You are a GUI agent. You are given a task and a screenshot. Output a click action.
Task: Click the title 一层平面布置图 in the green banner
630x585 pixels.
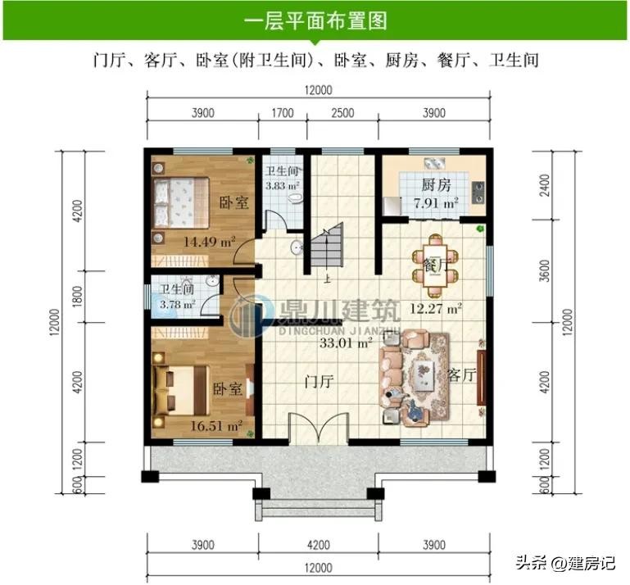(315, 20)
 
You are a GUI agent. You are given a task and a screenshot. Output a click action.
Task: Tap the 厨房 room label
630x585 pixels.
(436, 185)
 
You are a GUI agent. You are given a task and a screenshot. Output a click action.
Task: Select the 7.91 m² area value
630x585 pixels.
(436, 203)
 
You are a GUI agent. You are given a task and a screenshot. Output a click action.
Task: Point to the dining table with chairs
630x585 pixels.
(435, 266)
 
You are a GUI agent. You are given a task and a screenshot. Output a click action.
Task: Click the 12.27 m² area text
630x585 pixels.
(436, 309)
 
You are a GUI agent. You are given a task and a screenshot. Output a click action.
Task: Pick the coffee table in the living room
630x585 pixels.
(424, 375)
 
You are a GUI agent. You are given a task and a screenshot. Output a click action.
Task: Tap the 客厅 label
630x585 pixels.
(462, 375)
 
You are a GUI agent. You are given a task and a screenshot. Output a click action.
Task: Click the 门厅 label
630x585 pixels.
(319, 381)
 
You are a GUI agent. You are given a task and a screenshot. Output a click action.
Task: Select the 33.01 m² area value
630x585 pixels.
(346, 343)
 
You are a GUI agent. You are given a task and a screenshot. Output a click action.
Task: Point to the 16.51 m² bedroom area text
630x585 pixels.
(216, 426)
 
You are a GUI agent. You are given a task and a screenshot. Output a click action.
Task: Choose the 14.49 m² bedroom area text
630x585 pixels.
(210, 242)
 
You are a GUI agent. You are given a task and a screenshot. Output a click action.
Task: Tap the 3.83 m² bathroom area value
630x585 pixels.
(282, 186)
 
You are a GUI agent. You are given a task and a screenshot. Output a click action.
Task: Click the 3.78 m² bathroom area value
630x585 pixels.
(178, 304)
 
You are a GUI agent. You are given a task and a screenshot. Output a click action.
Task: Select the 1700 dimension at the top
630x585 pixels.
(283, 113)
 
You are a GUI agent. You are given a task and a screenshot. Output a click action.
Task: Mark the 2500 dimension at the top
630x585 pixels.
(342, 113)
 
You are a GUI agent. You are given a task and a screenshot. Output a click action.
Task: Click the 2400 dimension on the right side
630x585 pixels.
(545, 185)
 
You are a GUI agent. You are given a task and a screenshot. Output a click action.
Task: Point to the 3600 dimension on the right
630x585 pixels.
(545, 270)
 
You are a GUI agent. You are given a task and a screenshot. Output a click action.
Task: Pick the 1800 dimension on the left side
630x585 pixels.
(78, 297)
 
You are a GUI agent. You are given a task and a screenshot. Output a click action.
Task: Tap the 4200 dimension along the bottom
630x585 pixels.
(319, 545)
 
